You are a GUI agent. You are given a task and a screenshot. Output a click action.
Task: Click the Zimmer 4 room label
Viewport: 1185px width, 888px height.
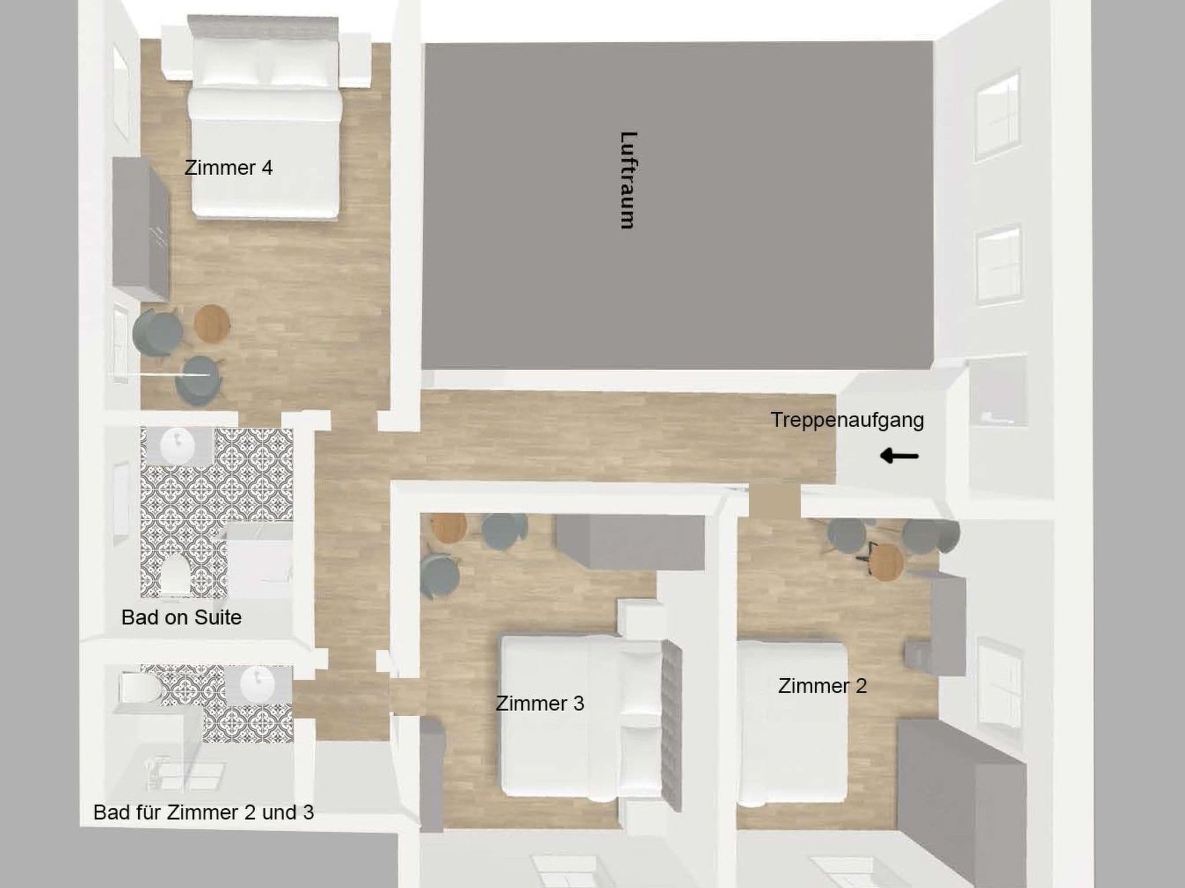pos(228,168)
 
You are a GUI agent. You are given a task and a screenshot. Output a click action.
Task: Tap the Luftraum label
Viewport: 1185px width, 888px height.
pos(628,180)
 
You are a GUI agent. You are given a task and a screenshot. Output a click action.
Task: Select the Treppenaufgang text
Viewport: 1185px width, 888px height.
pos(847,420)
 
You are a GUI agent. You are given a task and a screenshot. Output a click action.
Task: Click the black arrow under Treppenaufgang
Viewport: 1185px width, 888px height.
pos(899,456)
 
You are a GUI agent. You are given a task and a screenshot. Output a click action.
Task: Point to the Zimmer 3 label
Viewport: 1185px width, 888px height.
pos(540,703)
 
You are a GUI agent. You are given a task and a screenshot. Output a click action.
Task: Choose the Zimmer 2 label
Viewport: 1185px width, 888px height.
pos(822,686)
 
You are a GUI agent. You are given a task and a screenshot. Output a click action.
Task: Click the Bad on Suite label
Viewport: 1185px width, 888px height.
pos(181,617)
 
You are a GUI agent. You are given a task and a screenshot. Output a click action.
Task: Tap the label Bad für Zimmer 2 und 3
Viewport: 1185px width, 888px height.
pos(204,812)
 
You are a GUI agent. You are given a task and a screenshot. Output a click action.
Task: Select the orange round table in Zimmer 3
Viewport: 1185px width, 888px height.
pos(448,527)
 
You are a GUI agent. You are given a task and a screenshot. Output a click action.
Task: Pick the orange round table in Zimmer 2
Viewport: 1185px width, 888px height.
pos(886,561)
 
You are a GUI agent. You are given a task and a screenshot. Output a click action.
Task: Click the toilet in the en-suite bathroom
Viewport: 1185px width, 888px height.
pos(175,574)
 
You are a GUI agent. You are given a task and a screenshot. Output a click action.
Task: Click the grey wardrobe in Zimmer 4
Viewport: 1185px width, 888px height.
pos(141,230)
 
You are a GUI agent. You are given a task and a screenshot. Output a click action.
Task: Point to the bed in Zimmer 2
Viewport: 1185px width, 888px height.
pos(793,724)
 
